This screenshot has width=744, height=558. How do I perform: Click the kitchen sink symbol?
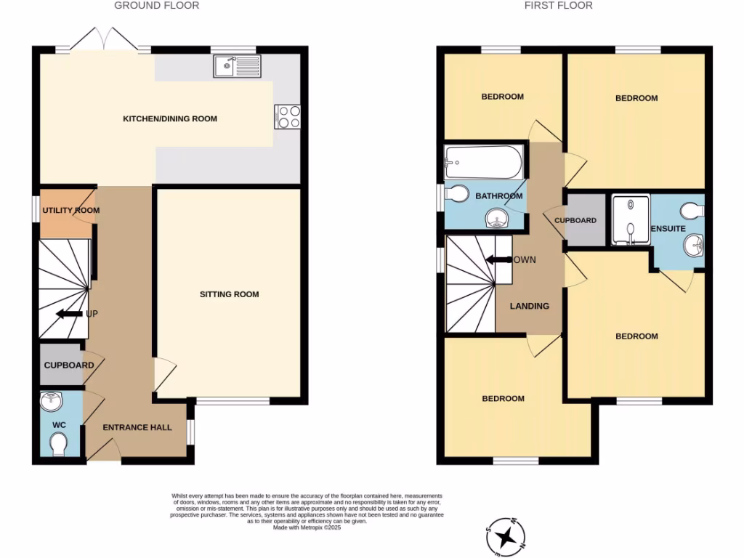coord(237,67)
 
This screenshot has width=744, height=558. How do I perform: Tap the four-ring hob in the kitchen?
coord(288,117)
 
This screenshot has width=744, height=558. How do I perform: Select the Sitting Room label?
coord(230,294)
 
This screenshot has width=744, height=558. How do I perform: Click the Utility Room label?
coord(70,211)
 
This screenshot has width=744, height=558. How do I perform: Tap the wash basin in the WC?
coord(51,401)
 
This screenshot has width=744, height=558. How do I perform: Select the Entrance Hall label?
coord(137,427)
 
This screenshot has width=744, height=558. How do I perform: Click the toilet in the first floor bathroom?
coord(458,195)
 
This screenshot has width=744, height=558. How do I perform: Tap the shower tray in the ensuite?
coord(630,219)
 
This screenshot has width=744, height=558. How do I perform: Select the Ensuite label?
coord(668,229)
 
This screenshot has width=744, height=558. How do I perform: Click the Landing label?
coord(529,306)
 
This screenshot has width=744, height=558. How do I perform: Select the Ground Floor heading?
coord(157,6)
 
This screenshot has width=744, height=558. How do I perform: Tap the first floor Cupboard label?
coord(575,221)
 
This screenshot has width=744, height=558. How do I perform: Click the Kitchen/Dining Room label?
coord(170,118)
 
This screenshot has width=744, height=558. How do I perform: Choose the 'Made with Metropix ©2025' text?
coord(307,528)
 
